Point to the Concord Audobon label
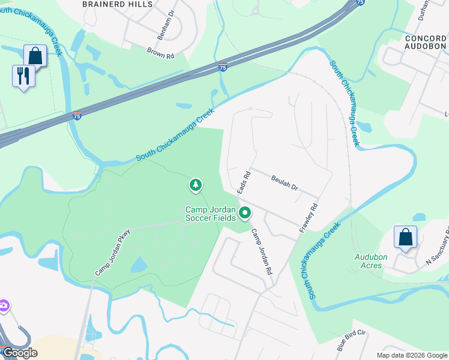click(426, 43)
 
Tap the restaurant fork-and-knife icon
click(23, 76)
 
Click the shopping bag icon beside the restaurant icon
click(35, 56)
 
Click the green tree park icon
click(195, 186)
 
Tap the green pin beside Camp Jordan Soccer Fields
click(245, 212)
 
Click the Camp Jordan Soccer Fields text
click(211, 214)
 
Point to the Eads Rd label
click(243, 182)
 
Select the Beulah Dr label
click(285, 182)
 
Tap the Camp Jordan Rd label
click(262, 252)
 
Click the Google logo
click(19, 353)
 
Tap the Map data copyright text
click(411, 355)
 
